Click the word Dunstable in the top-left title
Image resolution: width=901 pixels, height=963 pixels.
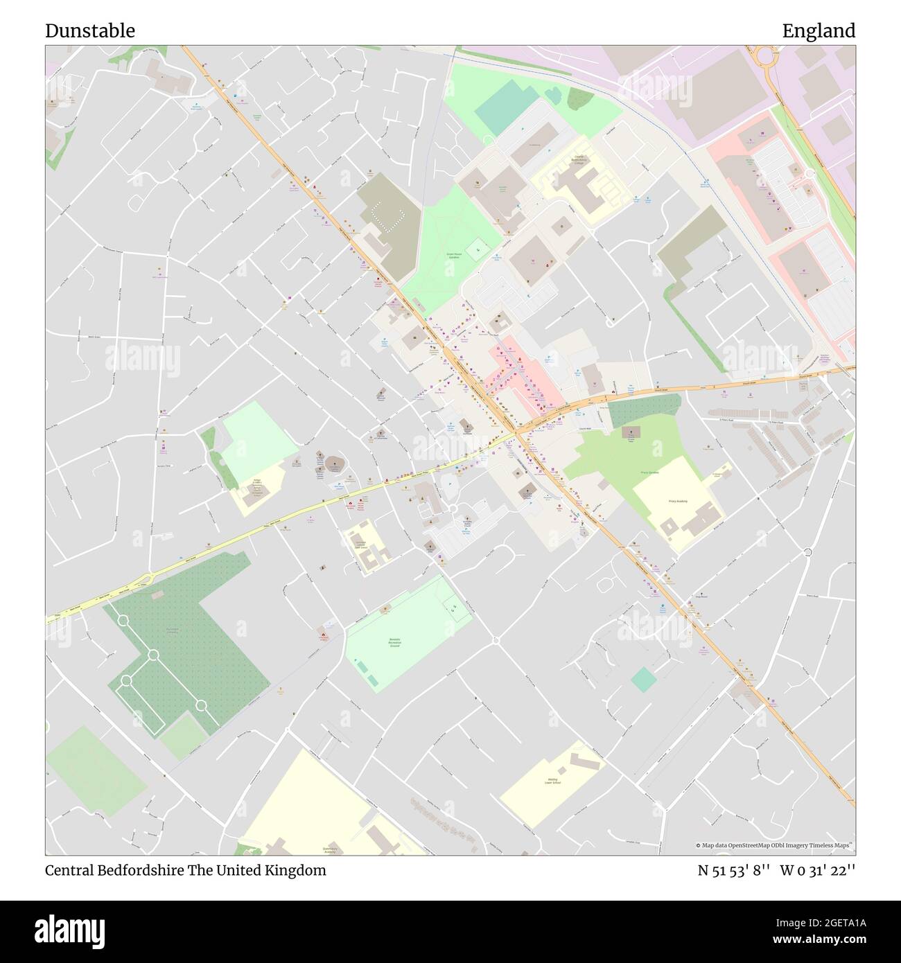[x=90, y=31]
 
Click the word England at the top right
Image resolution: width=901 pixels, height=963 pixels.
[x=819, y=31]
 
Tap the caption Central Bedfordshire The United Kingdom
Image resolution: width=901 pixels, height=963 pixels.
[x=185, y=870]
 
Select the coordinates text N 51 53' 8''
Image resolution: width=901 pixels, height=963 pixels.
[x=733, y=870]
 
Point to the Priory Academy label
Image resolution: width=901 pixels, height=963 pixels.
[x=676, y=500]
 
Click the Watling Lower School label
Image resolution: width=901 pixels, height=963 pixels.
[x=552, y=781]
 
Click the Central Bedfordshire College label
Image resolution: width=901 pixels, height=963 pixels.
[x=578, y=161]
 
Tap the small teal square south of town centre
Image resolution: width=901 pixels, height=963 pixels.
[x=644, y=679]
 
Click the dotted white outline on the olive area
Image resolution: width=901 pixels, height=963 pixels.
[x=387, y=215]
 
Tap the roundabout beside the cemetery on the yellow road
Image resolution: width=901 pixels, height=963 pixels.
[x=147, y=579]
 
